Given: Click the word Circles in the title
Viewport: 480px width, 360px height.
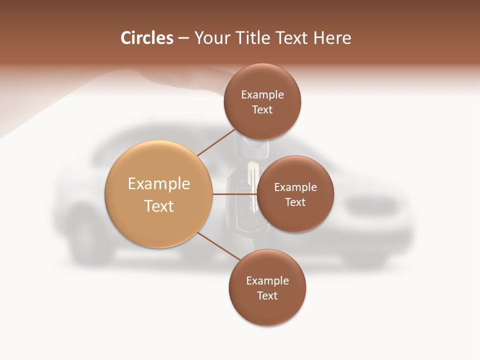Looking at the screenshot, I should pos(146,38).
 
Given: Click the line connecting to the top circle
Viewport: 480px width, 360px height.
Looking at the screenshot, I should pos(216,142).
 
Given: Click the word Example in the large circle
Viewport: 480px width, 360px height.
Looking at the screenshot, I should pos(159,184).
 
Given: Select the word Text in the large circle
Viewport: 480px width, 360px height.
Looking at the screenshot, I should pos(159,206).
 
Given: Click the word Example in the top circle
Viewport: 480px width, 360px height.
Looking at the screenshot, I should pos(262,95).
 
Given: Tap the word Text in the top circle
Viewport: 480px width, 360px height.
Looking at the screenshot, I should pos(262,109).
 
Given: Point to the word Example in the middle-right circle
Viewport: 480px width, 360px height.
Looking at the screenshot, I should pos(295,187).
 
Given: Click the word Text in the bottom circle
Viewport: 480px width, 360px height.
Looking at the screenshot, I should pos(267,295).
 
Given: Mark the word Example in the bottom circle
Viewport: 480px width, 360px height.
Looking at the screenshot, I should pos(267,281).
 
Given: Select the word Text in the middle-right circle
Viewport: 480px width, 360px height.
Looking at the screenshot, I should pos(295,202).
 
